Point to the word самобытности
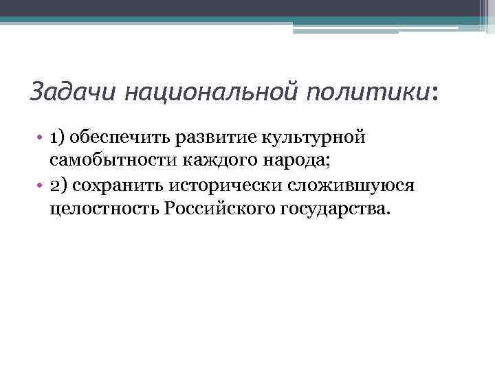click(109, 161)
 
